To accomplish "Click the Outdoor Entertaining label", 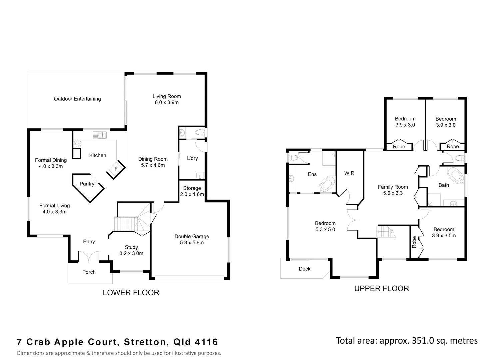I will point(77,99).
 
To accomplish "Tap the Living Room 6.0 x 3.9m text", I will point(167,99).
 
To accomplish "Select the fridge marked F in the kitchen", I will point(116,169).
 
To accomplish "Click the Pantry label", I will point(87,184).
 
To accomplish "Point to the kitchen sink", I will point(100,135).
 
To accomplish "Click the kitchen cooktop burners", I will point(77,144).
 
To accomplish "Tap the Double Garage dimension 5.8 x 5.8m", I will point(192,243).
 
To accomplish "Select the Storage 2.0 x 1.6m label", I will point(192,191).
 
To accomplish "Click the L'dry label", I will point(192,158).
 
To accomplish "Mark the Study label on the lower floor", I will point(131,247).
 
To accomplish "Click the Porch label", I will point(89,272).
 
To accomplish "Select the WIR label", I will point(349,173).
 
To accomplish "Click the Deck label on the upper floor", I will point(305,269).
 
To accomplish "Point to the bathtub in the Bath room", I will point(455,176).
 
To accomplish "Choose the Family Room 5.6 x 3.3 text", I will point(393,190).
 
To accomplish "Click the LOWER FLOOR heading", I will point(131,293).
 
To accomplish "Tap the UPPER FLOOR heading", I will point(381,289).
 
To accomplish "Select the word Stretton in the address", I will point(145,342).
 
